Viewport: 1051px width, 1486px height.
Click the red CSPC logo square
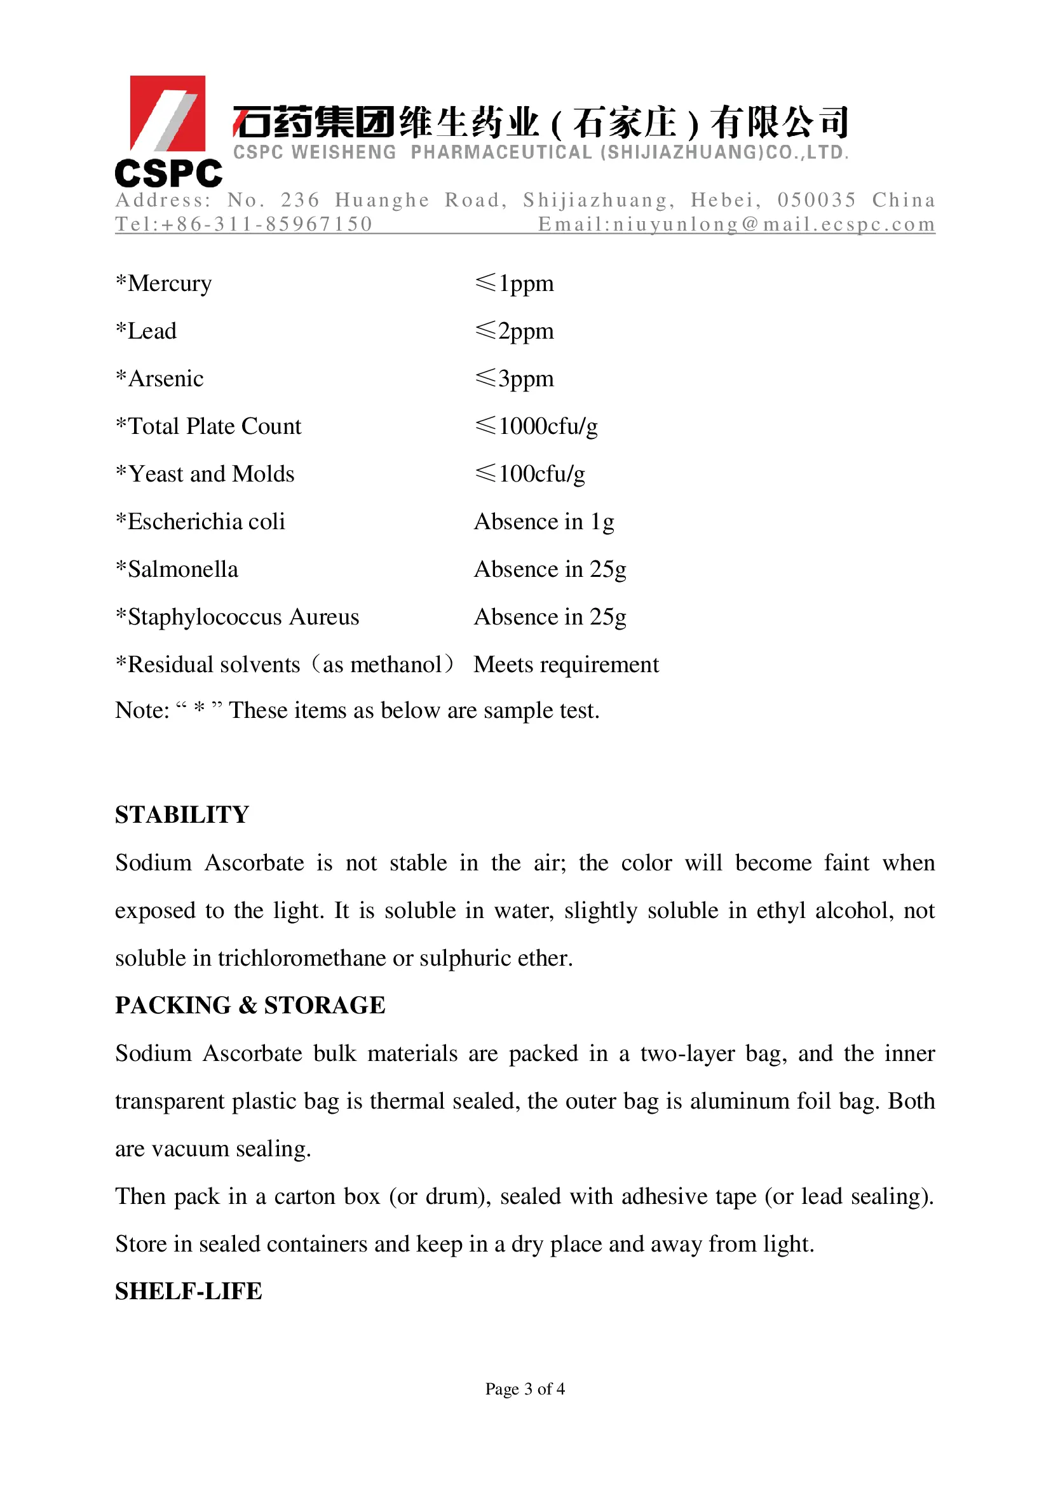click(x=168, y=113)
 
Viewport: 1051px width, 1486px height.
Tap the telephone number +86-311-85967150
click(x=266, y=224)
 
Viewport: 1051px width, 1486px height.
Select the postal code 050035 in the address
click(x=817, y=200)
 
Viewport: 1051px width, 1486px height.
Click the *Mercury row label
click(x=164, y=284)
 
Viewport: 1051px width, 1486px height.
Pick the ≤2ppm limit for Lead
click(x=515, y=332)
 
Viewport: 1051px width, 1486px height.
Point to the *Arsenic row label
click(x=160, y=379)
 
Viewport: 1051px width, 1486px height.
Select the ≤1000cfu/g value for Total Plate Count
click(x=536, y=426)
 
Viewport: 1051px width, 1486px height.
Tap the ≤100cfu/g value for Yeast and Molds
click(x=530, y=475)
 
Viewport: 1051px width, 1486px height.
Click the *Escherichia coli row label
click(x=201, y=522)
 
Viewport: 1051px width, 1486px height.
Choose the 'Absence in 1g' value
click(x=544, y=522)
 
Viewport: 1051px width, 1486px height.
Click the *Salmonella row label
click(x=177, y=569)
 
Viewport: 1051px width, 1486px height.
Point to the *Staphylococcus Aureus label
click(x=237, y=618)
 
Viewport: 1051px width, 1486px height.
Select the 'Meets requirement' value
click(x=566, y=665)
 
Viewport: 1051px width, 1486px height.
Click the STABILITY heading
click(x=182, y=815)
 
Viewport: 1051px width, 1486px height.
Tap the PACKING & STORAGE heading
click(x=250, y=1005)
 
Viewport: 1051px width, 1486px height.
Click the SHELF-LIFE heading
click(x=188, y=1291)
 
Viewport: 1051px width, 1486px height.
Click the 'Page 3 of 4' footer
click(x=525, y=1389)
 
